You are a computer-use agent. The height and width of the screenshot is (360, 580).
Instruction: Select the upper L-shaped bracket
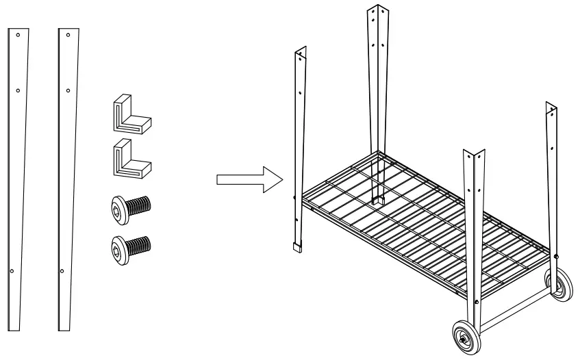click(130, 114)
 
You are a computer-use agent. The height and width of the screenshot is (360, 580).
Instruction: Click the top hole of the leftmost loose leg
click(18, 35)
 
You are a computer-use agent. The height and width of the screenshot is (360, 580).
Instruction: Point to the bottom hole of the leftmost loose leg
click(12, 271)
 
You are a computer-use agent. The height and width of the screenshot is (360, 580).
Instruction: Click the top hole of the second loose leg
click(67, 35)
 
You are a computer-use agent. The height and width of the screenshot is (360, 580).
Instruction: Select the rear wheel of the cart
click(559, 285)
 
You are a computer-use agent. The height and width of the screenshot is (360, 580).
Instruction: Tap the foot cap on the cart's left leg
click(297, 247)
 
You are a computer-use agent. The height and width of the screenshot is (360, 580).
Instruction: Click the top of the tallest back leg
click(375, 8)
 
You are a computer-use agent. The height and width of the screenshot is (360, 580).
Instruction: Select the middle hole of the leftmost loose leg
click(17, 90)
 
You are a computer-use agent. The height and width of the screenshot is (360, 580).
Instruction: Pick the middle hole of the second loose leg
click(66, 90)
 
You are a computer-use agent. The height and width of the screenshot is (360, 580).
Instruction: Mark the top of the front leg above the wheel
click(475, 152)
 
